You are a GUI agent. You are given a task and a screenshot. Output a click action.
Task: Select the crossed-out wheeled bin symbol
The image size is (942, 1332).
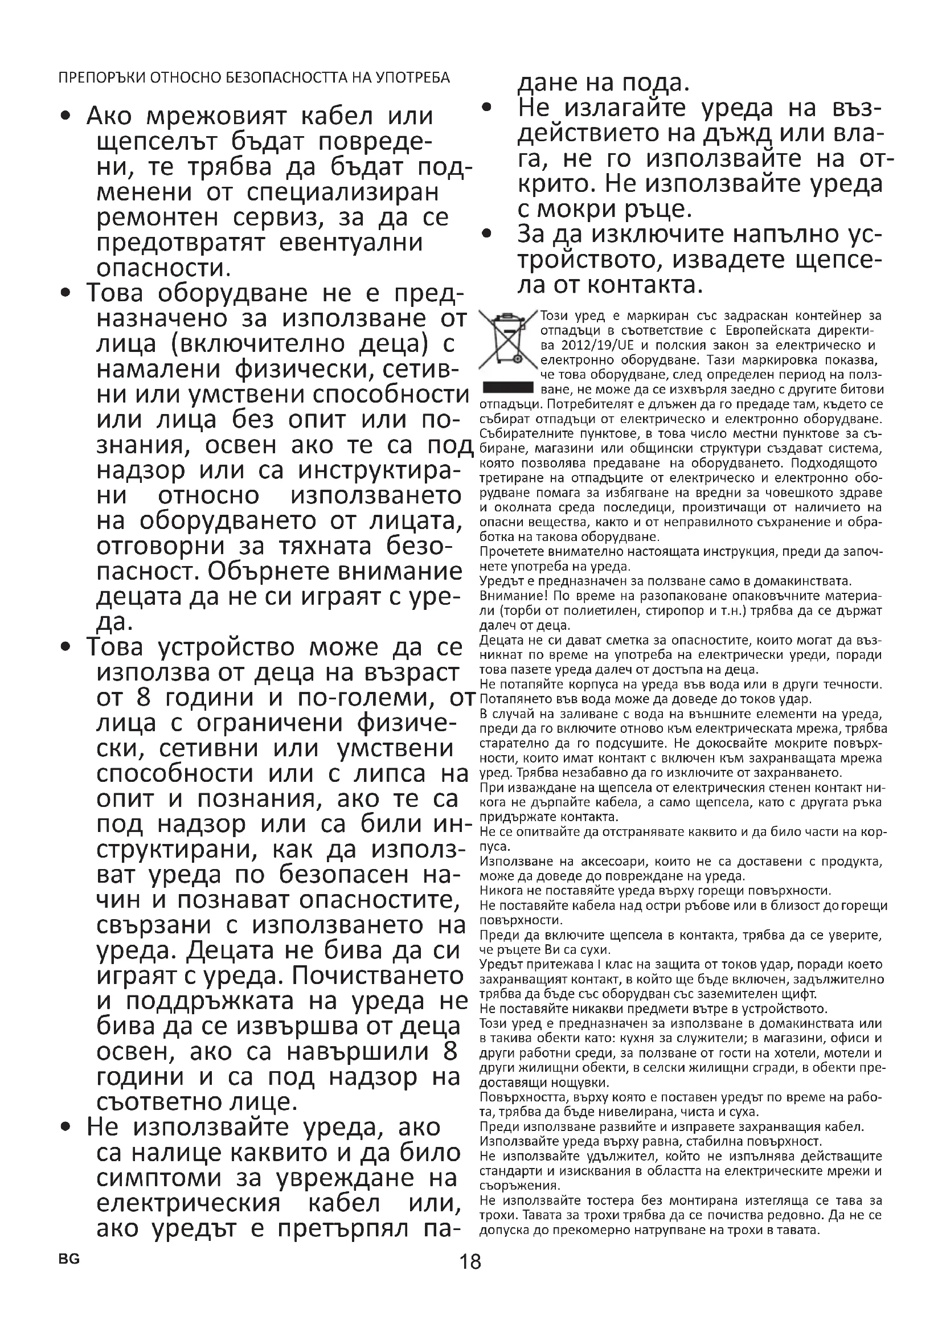507,342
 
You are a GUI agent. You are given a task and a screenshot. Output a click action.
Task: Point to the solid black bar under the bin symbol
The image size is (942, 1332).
508,388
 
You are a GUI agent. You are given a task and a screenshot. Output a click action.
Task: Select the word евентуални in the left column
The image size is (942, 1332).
351,243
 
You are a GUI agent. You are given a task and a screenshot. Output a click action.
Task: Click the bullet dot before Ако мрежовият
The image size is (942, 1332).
67,117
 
